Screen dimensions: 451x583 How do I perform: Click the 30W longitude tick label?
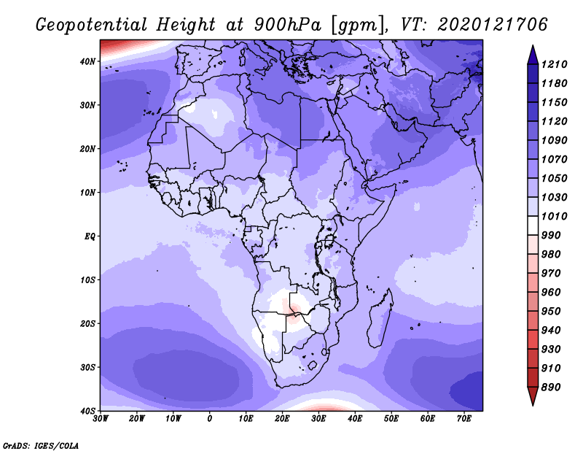[x=101, y=418]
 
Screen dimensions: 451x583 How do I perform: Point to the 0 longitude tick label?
[x=210, y=418]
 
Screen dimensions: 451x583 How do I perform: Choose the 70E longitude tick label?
[x=464, y=418]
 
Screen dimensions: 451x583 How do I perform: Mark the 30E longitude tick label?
[x=318, y=418]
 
